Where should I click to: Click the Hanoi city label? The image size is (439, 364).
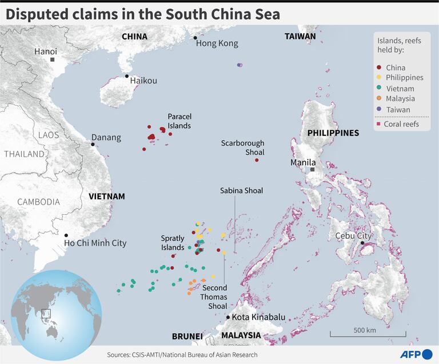click(46, 51)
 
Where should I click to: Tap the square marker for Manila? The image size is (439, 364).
click(313, 170)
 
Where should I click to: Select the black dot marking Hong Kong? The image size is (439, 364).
click(195, 38)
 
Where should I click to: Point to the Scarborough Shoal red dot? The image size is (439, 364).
click(257, 160)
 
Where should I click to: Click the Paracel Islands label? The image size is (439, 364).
click(179, 121)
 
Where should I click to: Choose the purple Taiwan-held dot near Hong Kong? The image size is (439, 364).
click(240, 65)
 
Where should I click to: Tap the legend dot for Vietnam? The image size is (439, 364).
click(379, 89)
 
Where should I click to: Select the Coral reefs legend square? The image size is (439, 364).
click(379, 124)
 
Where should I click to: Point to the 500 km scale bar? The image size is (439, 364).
click(364, 334)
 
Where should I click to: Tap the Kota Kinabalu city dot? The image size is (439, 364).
click(228, 317)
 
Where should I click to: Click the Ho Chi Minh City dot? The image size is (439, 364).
click(66, 235)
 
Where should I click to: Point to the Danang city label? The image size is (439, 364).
click(106, 138)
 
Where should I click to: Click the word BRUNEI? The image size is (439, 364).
click(187, 336)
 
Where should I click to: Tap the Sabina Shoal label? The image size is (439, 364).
click(241, 190)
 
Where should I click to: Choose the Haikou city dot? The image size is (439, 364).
click(126, 76)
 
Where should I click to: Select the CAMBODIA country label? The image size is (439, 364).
click(38, 202)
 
